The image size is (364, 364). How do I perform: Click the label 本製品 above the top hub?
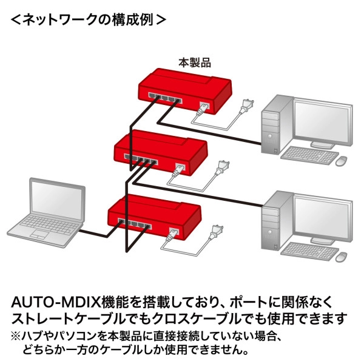point(194,62)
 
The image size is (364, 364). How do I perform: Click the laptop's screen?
point(58,203)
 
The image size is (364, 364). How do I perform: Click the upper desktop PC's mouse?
point(342,160)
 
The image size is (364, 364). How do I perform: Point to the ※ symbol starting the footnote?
point(15,335)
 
